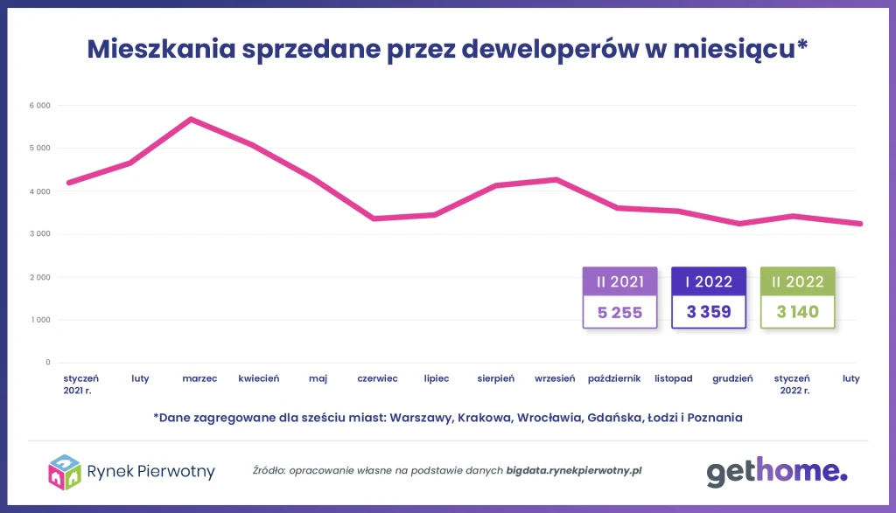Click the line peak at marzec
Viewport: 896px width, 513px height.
(191, 119)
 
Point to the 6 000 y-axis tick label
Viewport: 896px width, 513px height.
(38, 106)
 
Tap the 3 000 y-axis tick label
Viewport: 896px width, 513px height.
(38, 234)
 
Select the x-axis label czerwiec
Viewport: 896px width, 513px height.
(377, 378)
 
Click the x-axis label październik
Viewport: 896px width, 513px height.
(615, 378)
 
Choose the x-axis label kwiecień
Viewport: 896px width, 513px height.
(259, 378)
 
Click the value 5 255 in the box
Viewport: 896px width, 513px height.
(620, 312)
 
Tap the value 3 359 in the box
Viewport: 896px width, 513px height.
(709, 312)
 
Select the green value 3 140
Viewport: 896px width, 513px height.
(797, 312)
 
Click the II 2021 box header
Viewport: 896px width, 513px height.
(620, 281)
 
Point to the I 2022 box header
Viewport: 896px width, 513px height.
(709, 281)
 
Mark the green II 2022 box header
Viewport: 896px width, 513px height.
(797, 281)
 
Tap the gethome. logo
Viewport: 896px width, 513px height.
(777, 472)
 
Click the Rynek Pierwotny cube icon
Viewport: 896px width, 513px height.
(65, 472)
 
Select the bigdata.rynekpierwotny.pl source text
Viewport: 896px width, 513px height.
(574, 470)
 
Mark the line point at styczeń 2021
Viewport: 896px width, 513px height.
(69, 183)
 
